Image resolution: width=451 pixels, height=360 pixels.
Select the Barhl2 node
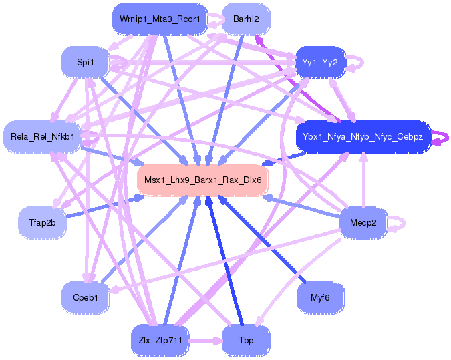246,19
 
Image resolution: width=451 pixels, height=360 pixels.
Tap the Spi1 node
85,63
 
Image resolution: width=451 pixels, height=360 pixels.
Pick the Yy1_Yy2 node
320,63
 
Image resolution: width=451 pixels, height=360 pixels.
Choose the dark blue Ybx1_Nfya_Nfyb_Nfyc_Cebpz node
362,136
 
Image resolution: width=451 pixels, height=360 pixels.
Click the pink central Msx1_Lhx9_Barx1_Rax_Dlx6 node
202,180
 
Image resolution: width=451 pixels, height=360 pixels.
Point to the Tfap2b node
42,221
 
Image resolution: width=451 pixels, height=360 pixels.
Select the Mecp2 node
363,222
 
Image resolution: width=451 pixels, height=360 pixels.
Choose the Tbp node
246,340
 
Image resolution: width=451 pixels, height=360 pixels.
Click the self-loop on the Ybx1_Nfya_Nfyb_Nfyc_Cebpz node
441,138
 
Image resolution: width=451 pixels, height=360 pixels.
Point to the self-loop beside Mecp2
400,222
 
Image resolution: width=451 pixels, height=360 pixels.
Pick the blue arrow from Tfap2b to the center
100,206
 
